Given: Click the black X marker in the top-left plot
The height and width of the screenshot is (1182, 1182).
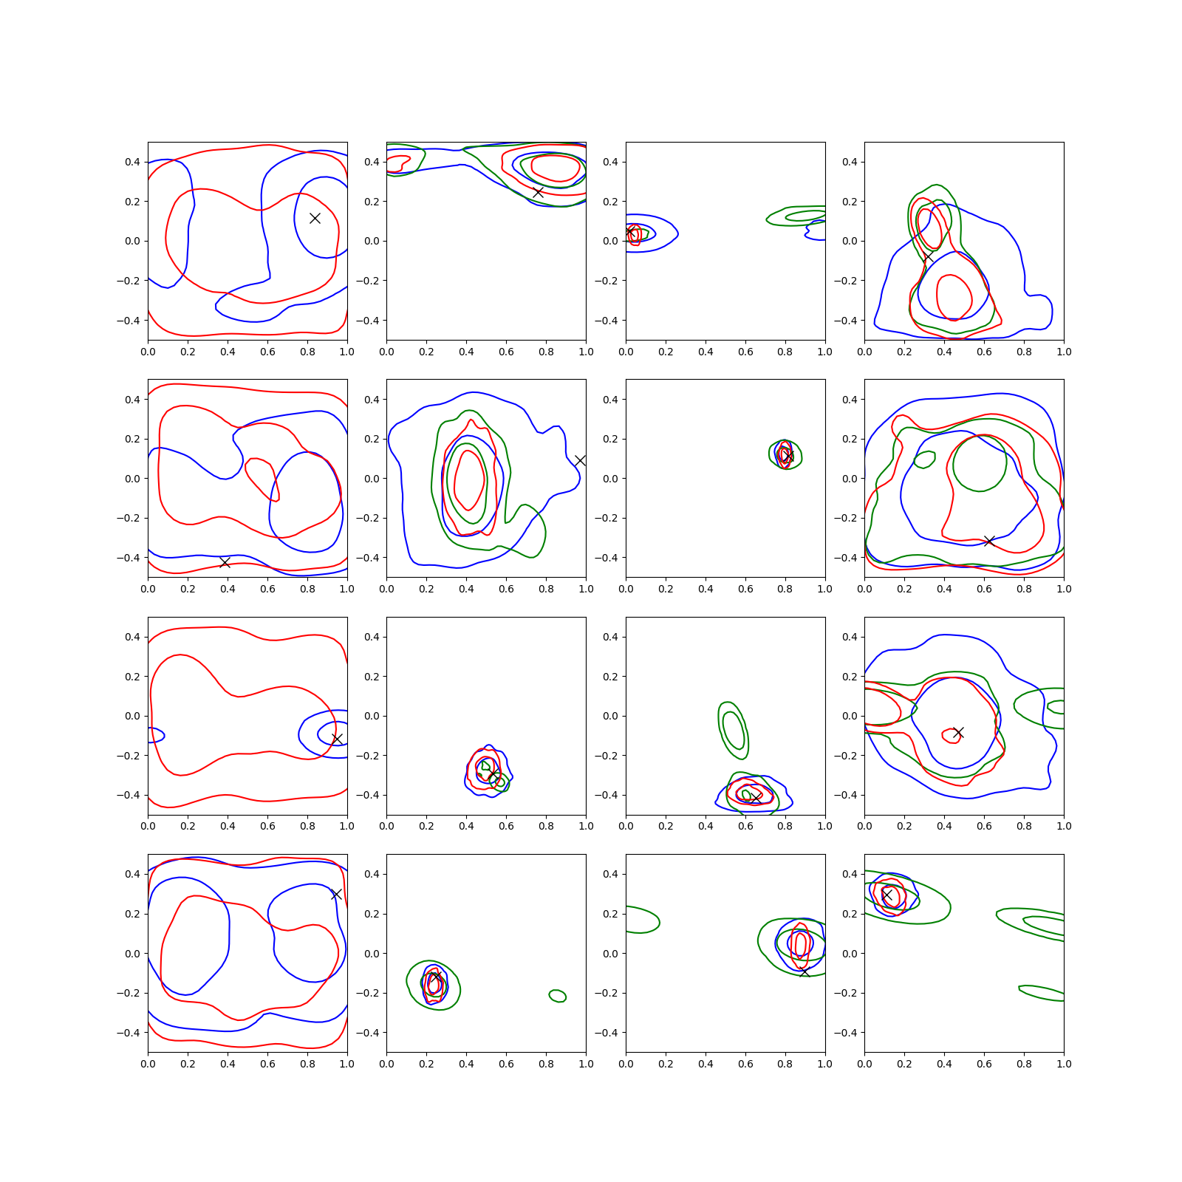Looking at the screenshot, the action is [x=315, y=218].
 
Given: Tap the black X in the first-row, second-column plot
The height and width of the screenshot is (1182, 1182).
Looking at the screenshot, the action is [x=538, y=192].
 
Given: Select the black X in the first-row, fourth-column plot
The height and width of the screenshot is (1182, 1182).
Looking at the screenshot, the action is [x=927, y=257].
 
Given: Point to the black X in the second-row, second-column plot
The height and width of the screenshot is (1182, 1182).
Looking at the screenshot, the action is [x=580, y=460].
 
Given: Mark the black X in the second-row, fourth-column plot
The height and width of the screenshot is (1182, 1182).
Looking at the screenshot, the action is [x=989, y=541].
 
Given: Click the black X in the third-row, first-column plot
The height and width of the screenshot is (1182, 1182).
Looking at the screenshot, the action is [x=337, y=739].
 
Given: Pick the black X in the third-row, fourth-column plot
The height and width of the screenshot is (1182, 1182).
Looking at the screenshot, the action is [x=958, y=732].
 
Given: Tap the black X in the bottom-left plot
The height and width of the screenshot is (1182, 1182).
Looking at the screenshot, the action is [x=336, y=894].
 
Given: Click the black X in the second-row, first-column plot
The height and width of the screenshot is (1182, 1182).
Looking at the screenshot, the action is [x=225, y=563].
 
